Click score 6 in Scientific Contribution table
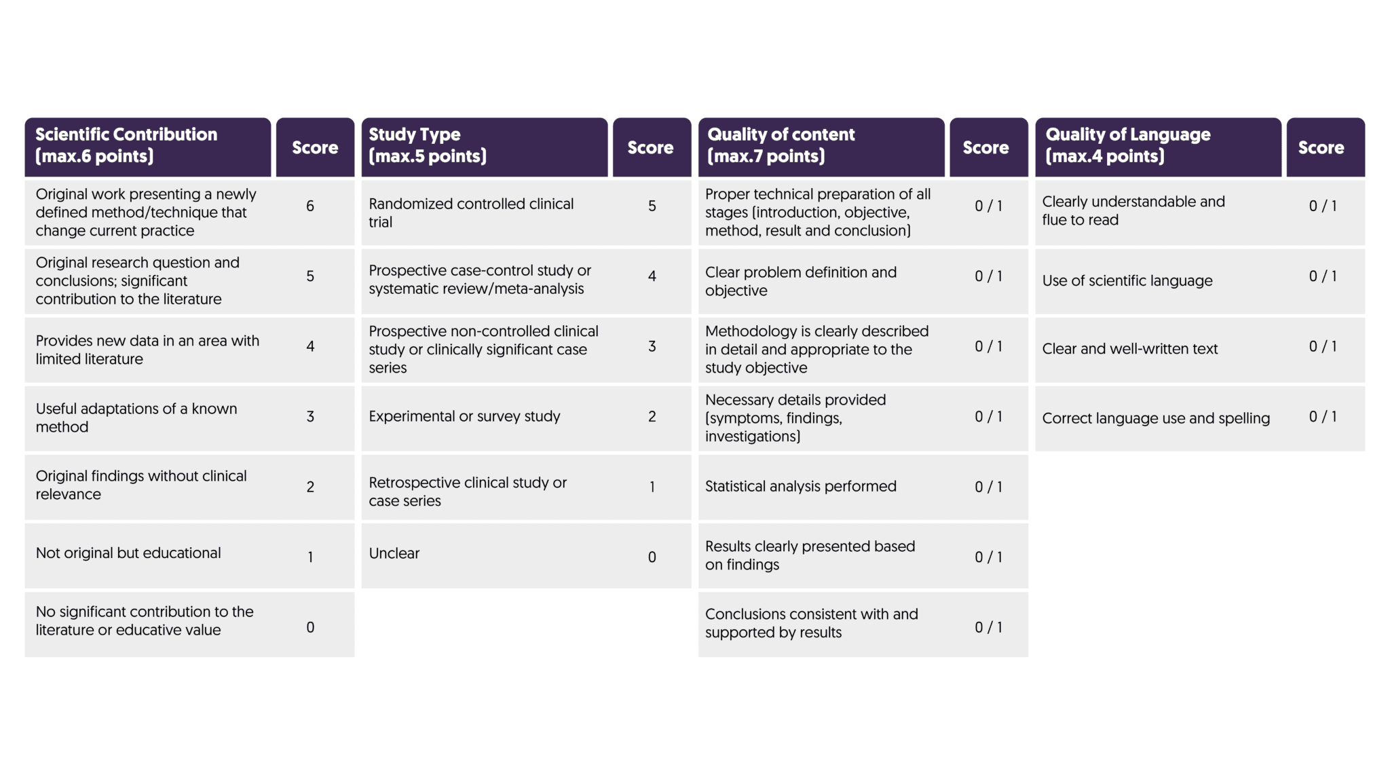click(310, 206)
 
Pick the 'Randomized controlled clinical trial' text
click(471, 212)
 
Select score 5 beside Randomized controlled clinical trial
click(652, 206)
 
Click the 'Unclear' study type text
click(394, 553)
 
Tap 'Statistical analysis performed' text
click(801, 486)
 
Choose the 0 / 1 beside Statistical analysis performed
click(988, 487)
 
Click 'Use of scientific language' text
click(1127, 280)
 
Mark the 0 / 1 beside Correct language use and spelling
click(1323, 417)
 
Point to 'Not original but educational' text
click(128, 553)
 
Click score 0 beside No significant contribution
click(310, 627)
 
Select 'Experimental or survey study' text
click(464, 416)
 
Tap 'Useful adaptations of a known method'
click(136, 417)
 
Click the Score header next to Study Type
click(651, 147)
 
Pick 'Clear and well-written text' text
click(1130, 349)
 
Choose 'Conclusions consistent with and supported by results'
click(811, 623)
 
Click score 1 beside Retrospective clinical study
click(652, 487)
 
